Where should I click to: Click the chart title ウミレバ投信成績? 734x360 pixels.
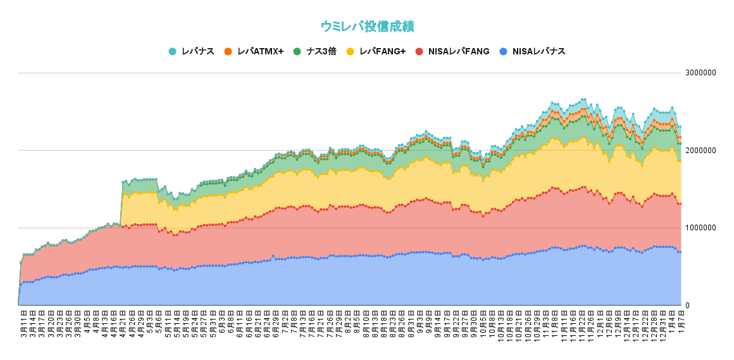click(x=367, y=27)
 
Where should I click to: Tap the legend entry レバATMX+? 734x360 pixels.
click(x=260, y=51)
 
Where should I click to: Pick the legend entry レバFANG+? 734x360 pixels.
click(x=382, y=51)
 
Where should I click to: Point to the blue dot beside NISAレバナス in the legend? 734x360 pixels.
click(x=503, y=51)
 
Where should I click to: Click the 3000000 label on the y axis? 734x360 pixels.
click(x=701, y=73)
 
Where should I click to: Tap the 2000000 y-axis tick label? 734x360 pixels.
click(x=701, y=151)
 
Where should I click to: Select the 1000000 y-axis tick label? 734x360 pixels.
click(x=701, y=228)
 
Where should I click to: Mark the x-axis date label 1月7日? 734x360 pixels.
click(x=682, y=323)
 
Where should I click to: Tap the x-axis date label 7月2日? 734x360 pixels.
click(x=285, y=323)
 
